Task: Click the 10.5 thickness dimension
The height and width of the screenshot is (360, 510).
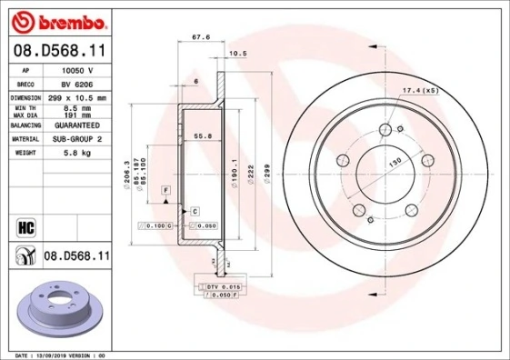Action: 239,54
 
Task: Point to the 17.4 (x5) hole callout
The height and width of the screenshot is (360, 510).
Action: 420,90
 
